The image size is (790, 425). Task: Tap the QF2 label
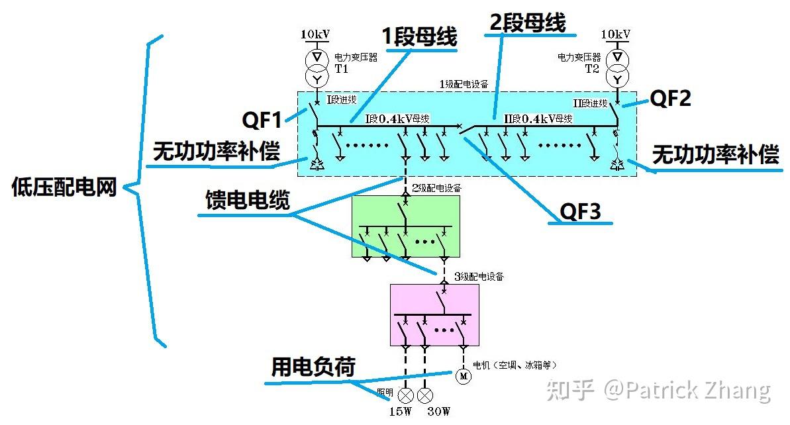pos(670,99)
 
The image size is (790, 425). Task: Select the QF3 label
pos(580,211)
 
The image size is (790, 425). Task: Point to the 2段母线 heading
pos(527,23)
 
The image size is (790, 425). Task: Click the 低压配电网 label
pos(64,188)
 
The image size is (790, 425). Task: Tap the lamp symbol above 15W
pos(405,395)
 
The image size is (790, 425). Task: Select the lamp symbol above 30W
pos(426,395)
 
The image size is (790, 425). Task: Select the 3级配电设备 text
pos(479,276)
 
